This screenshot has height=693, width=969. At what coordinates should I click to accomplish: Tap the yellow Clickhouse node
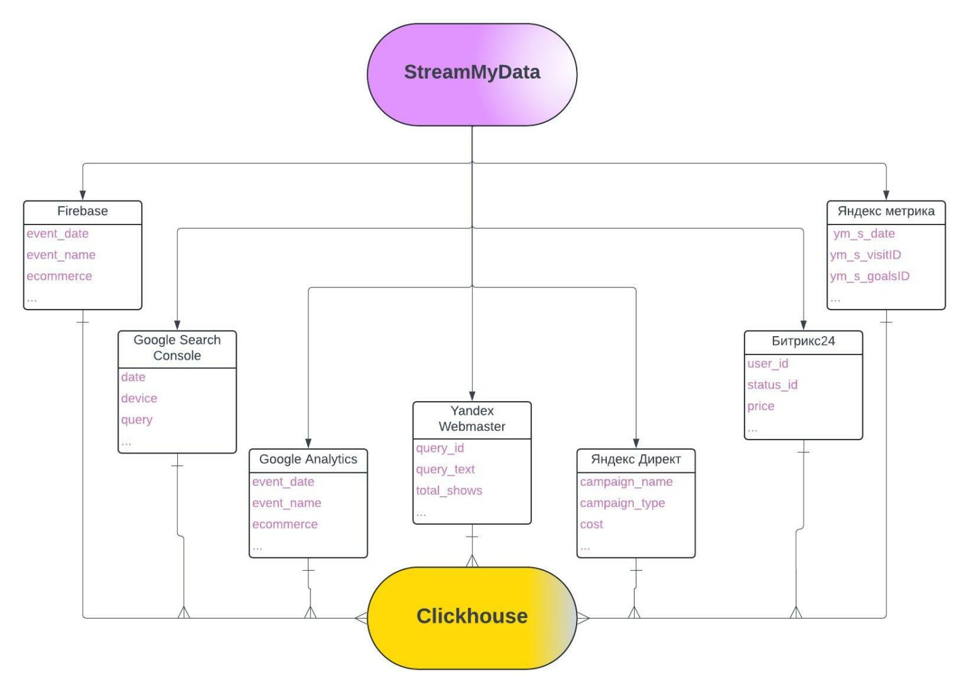[x=472, y=617]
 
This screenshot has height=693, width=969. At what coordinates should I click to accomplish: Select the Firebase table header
[x=83, y=211]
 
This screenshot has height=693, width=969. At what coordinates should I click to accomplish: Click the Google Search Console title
[x=177, y=348]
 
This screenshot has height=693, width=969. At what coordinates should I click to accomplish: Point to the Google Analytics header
[x=308, y=460]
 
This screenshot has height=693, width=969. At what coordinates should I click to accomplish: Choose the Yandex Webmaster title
[x=472, y=419]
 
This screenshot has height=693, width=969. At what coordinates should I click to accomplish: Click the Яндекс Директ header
[x=636, y=460]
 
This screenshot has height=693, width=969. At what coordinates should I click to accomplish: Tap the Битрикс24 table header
[x=803, y=342]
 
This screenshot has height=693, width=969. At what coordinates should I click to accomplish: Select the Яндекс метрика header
[x=886, y=211]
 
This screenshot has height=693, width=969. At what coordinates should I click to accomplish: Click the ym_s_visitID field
[x=866, y=255]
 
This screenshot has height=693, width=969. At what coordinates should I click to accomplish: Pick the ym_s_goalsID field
[x=870, y=277]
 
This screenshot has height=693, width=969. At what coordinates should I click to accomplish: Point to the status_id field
[x=772, y=385]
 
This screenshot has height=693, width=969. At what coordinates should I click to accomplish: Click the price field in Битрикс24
[x=761, y=407]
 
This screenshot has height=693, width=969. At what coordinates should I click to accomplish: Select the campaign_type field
[x=622, y=504]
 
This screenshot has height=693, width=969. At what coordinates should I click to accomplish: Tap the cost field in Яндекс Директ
[x=592, y=525]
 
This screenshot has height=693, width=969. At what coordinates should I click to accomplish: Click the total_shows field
[x=449, y=491]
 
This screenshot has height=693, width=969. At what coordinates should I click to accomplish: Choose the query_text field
[x=445, y=470]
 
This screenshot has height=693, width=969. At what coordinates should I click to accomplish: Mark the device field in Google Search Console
[x=139, y=399]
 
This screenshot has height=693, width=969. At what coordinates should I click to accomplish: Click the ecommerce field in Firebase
[x=59, y=277]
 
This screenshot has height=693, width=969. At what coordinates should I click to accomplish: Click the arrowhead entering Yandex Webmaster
[x=472, y=396]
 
